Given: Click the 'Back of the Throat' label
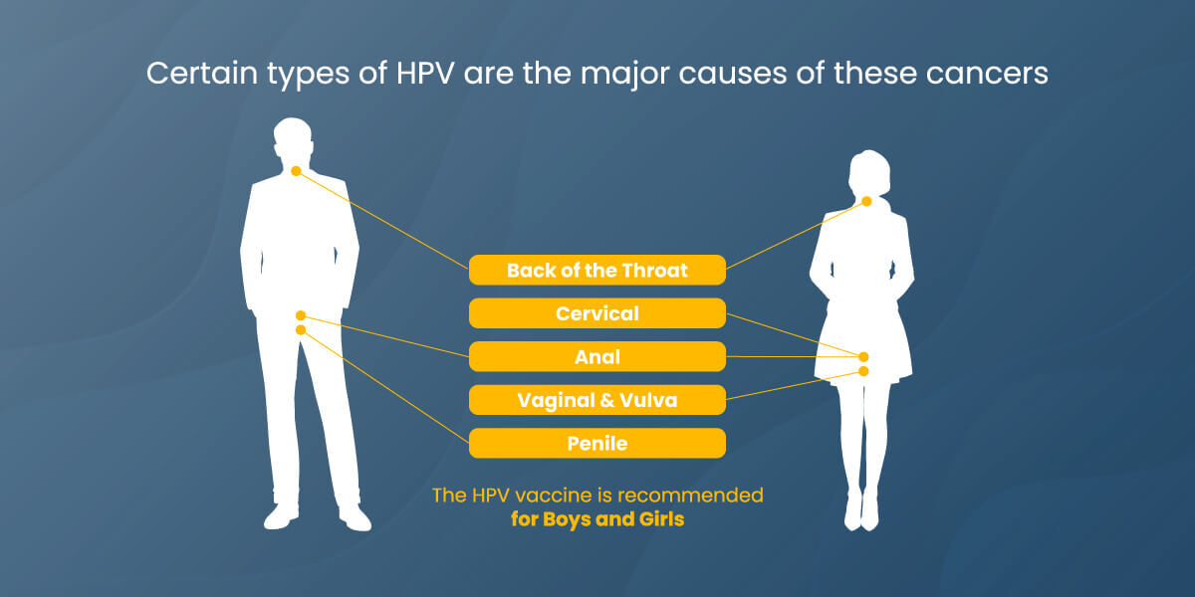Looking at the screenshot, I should (597, 270).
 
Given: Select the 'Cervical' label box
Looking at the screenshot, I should (597, 313).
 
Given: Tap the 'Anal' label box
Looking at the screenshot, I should (597, 356).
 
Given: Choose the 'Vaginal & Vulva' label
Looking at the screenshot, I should (597, 400).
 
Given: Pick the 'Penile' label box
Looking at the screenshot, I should (597, 443).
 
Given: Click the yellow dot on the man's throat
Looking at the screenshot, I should (296, 171).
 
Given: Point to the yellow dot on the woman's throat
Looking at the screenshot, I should (866, 201).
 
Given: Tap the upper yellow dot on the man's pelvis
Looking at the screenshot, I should (301, 315).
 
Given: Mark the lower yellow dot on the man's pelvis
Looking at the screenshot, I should (301, 329).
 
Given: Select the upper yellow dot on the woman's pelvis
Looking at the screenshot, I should (863, 356).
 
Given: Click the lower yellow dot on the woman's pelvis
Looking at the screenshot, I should (863, 371).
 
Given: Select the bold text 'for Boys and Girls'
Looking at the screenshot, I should (597, 518).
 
